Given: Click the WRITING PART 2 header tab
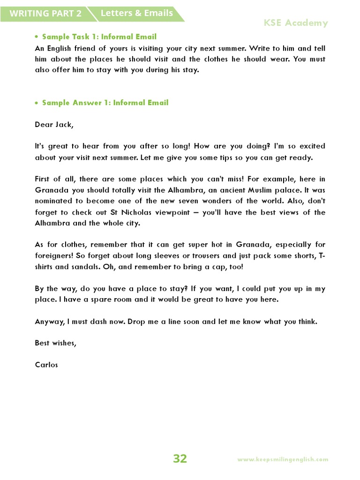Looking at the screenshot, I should coord(45,14).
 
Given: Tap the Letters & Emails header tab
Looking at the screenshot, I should coord(136,13).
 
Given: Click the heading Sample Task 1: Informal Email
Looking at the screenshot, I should coord(99,37).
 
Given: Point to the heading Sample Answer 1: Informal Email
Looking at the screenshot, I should coord(105,103).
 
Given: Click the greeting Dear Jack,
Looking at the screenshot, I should coord(54,125).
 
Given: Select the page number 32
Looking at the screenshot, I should coord(180,459).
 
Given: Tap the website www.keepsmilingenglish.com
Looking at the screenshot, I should coord(283,460).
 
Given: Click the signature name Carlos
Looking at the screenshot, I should coord(46,364).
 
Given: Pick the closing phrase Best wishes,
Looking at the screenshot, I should coord(55,343).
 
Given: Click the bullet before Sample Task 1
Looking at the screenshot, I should coord(36,37).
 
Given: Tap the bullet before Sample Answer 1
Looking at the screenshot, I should coord(36,103).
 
